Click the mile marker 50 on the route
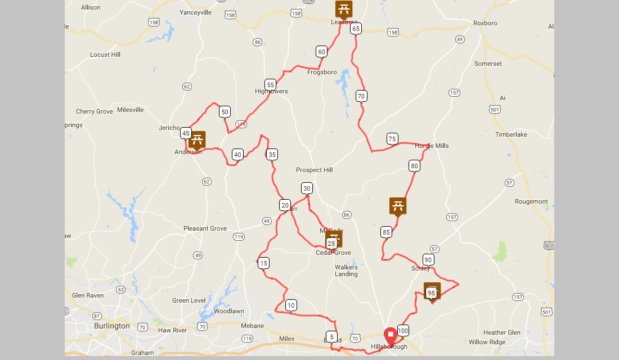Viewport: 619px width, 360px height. click(225, 111)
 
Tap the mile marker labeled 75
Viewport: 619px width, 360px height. click(392, 138)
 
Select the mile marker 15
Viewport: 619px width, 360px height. click(263, 263)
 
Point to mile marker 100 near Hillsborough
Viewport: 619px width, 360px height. click(403, 330)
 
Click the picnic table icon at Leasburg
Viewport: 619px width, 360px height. click(344, 9)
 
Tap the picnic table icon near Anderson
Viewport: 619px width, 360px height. click(197, 139)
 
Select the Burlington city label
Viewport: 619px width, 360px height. click(112, 326)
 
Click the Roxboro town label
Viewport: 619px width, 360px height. click(485, 23)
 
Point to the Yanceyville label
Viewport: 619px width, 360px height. click(195, 12)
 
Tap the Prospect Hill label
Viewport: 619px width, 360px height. click(315, 170)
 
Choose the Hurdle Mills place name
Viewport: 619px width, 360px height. click(432, 146)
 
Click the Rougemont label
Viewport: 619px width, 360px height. click(531, 201)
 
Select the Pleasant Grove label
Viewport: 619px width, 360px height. click(205, 228)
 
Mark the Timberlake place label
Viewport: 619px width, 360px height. click(511, 134)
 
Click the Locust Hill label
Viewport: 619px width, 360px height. click(105, 55)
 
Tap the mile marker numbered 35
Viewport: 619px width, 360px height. click(272, 154)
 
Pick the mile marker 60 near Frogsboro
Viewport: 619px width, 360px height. click(321, 51)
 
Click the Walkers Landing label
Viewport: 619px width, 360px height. click(346, 271)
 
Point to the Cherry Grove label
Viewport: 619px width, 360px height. click(95, 111)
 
